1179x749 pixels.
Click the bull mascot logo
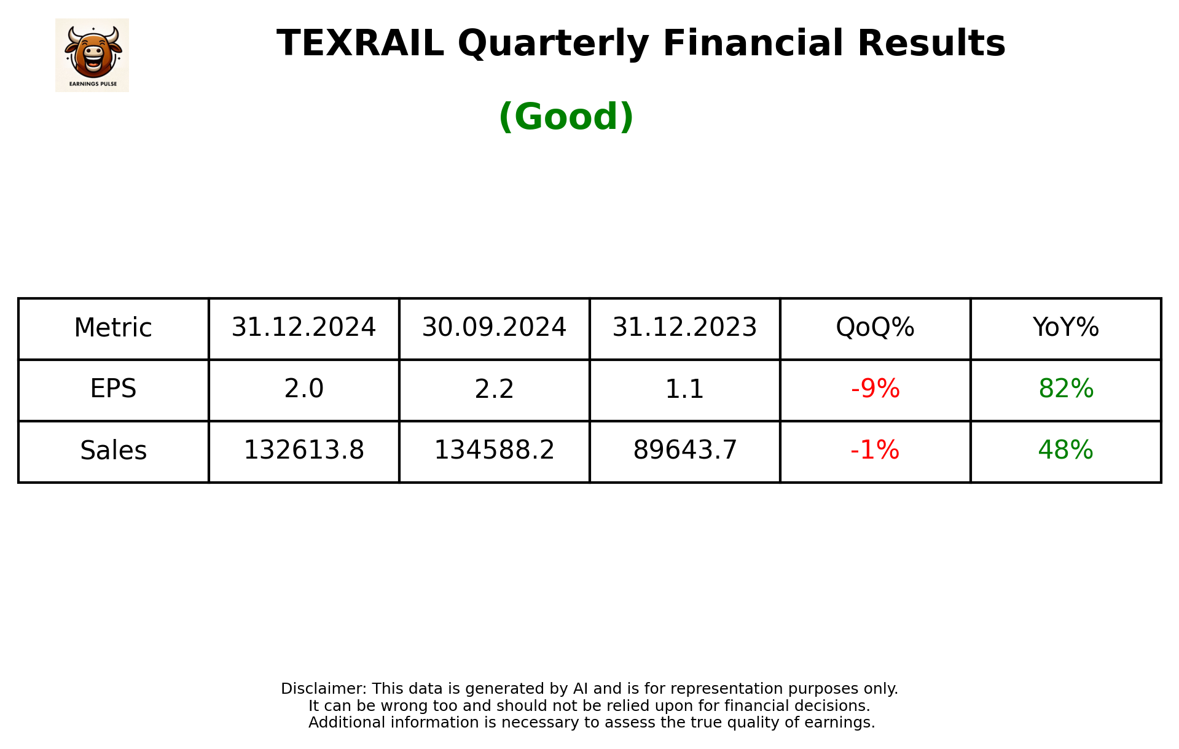(x=92, y=55)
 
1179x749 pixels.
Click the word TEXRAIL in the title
(x=360, y=44)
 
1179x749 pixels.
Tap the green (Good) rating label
(x=566, y=117)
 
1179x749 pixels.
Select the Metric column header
(x=113, y=328)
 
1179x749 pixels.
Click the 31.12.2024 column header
(x=304, y=328)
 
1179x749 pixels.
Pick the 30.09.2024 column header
(x=494, y=328)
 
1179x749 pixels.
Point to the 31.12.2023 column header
(x=684, y=328)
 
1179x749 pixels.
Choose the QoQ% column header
(x=875, y=328)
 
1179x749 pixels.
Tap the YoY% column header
(x=1065, y=328)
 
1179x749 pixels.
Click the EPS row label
(x=113, y=389)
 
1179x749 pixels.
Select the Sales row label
(x=113, y=451)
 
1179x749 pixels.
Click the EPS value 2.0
(x=304, y=389)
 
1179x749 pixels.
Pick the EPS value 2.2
(x=494, y=389)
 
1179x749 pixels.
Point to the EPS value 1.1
(x=684, y=389)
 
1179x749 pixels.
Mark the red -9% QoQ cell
(x=875, y=389)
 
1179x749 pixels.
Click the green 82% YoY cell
(x=1065, y=389)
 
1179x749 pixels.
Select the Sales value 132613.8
(x=304, y=451)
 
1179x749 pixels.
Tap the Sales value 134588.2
(x=494, y=451)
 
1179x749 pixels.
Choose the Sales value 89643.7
(x=684, y=451)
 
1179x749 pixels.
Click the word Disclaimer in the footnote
(x=323, y=689)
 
